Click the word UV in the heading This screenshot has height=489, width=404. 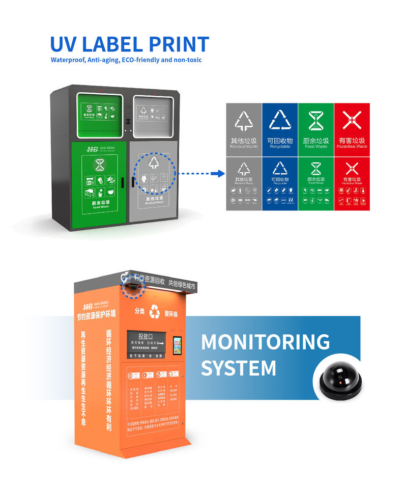pyautogui.click(x=65, y=44)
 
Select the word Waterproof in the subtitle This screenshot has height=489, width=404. pyautogui.click(x=67, y=60)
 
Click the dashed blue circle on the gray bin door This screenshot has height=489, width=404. pyautogui.click(x=155, y=174)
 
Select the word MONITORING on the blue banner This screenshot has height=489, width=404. pyautogui.click(x=265, y=342)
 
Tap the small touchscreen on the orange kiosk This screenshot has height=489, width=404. pyautogui.click(x=178, y=345)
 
